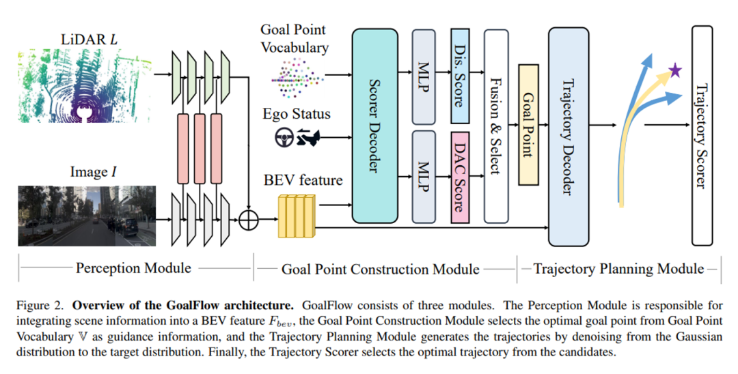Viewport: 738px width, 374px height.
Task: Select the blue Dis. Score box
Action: pyautogui.click(x=459, y=76)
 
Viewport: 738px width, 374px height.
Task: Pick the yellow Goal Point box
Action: pyautogui.click(x=529, y=124)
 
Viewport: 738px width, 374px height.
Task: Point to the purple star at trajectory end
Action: pyautogui.click(x=674, y=70)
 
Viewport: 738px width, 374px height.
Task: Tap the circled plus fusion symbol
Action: pyautogui.click(x=251, y=220)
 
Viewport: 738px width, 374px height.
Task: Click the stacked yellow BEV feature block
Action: pyautogui.click(x=297, y=216)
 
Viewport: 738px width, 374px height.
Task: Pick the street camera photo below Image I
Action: pyautogui.click(x=87, y=216)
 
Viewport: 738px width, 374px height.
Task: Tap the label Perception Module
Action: pyautogui.click(x=133, y=268)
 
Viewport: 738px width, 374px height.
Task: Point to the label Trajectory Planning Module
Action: pyautogui.click(x=618, y=268)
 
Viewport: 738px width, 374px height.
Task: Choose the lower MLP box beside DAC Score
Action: pyautogui.click(x=424, y=177)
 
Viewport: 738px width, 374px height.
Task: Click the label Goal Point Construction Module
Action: pyautogui.click(x=380, y=269)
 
